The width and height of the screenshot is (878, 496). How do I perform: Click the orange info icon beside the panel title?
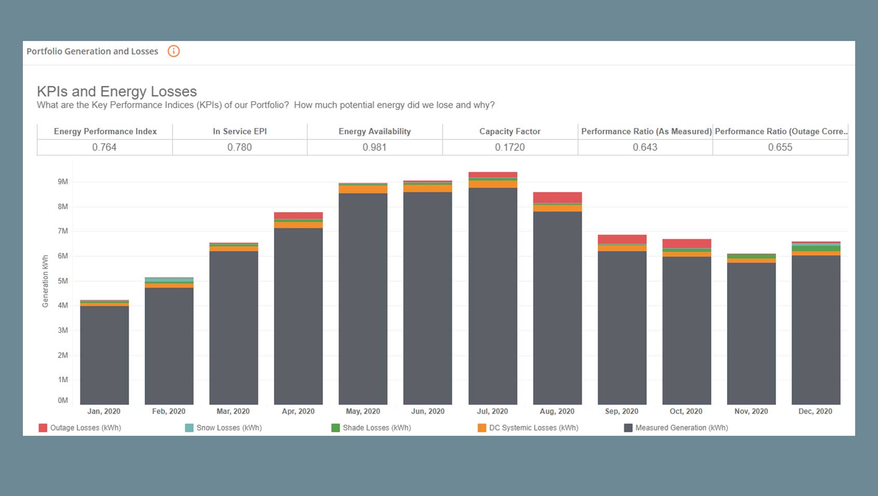(173, 51)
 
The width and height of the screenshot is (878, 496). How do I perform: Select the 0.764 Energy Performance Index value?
(104, 147)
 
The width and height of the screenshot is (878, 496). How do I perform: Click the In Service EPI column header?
(240, 131)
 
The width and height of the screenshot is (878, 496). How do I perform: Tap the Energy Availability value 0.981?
(375, 147)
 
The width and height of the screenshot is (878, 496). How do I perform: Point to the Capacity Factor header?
(510, 131)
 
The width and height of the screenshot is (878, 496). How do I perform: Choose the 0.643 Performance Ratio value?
(645, 147)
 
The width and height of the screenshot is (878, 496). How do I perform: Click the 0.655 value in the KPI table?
(780, 147)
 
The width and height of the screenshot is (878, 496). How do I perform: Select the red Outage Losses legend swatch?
(43, 428)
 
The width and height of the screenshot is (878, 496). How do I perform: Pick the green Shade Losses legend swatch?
(336, 428)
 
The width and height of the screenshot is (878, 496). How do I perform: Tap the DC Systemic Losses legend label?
(533, 428)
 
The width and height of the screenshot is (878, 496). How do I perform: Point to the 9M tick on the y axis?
(63, 182)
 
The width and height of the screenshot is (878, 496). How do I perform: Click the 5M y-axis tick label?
(63, 281)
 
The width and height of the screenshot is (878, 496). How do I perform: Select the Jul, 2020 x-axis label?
(492, 411)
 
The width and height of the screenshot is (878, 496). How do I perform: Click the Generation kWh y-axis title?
(45, 281)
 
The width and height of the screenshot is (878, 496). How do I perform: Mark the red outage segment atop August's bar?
(557, 198)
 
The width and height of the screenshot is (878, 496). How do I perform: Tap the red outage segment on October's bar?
(687, 244)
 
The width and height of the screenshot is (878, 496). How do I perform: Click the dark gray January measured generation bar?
(104, 355)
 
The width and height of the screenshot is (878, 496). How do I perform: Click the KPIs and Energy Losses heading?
(117, 91)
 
